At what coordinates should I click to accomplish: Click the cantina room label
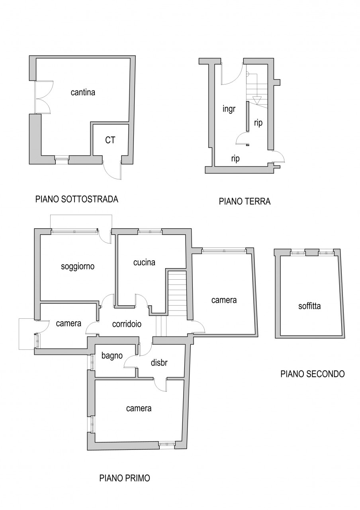coord(83,92)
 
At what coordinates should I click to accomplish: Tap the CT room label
coord(110,140)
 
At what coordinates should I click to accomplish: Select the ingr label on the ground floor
coord(229,110)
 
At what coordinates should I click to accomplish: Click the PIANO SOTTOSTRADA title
coord(77,199)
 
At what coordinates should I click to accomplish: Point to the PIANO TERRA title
coord(245,202)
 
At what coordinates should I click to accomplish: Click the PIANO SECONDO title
coord(313,374)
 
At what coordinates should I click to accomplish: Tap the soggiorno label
coord(78,267)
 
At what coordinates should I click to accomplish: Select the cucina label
coord(144,263)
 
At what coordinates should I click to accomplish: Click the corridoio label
coord(127,324)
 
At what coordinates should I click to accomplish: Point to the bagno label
coord(112,356)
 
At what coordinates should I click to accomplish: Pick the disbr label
coord(159,363)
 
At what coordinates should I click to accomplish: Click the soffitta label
coord(309,306)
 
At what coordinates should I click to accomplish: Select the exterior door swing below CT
coord(112,171)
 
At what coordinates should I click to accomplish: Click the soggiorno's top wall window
coord(74,231)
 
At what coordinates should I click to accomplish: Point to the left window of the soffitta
coord(298,253)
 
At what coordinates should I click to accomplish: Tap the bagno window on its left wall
coord(92,362)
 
